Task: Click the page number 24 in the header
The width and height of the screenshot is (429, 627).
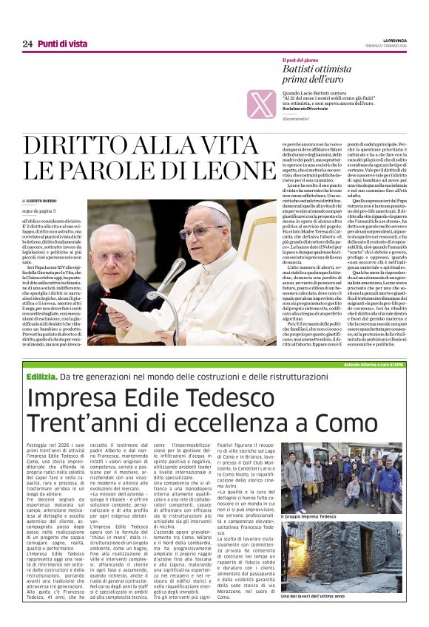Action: point(27,44)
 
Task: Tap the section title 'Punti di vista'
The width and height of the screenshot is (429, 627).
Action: point(63,44)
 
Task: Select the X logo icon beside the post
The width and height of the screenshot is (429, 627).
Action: point(261,103)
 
